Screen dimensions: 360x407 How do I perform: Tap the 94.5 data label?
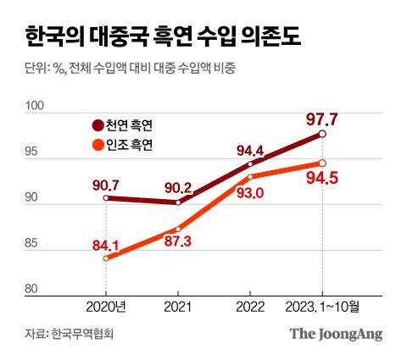click(x=322, y=180)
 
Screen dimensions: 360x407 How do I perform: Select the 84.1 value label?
click(x=105, y=246)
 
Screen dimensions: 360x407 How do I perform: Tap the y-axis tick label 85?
click(x=34, y=244)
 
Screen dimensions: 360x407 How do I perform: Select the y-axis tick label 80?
click(x=34, y=290)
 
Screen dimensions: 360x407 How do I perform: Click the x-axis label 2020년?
click(x=106, y=307)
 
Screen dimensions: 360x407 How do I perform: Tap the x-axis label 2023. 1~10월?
click(x=323, y=307)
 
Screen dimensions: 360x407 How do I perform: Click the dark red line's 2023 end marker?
click(x=322, y=134)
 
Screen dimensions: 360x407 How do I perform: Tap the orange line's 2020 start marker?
click(x=106, y=258)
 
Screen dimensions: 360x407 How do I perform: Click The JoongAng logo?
click(x=336, y=334)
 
